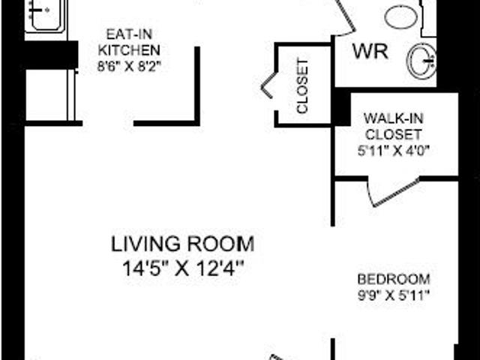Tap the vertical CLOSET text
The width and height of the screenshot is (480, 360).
(303, 86)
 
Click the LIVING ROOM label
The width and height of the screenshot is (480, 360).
(182, 244)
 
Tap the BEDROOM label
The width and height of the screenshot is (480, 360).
(393, 278)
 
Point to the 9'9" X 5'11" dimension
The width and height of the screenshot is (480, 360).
(393, 295)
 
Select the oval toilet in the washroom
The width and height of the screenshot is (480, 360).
(403, 16)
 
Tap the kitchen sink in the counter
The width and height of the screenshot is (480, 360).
(46, 15)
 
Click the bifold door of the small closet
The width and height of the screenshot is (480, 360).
(268, 85)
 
